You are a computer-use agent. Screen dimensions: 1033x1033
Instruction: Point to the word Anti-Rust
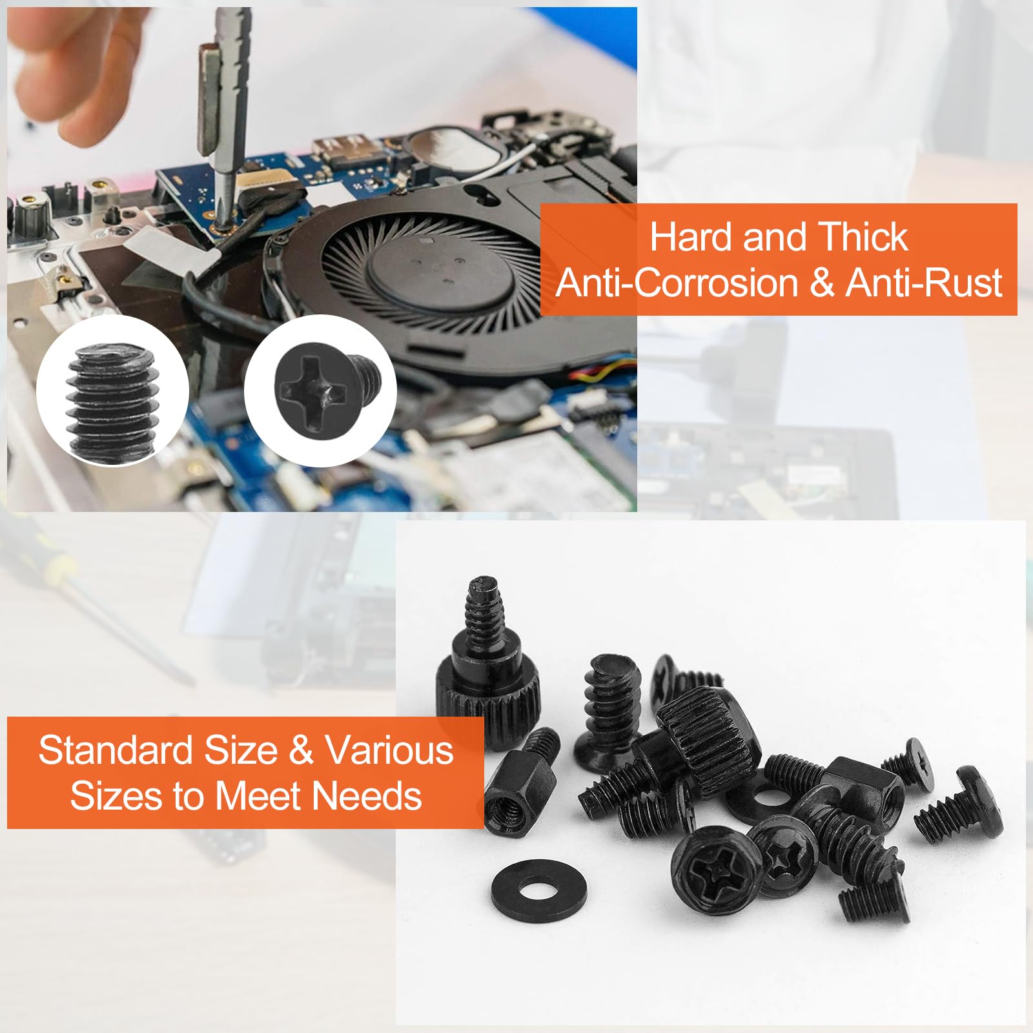924,283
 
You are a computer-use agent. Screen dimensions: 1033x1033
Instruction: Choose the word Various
389,751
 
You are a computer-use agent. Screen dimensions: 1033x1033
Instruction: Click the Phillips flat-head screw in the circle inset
326,389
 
